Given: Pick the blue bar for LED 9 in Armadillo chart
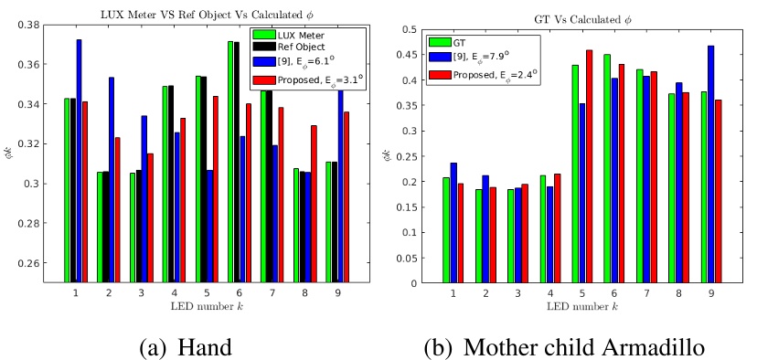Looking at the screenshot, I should coord(710,164).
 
